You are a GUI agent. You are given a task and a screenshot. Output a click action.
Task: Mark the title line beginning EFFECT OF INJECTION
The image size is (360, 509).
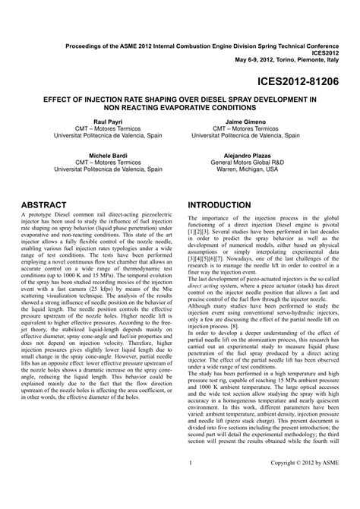pyautogui.click(x=179, y=99)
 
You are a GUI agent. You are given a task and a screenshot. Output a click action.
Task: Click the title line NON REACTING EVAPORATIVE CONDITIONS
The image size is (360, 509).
pyautogui.click(x=179, y=108)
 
